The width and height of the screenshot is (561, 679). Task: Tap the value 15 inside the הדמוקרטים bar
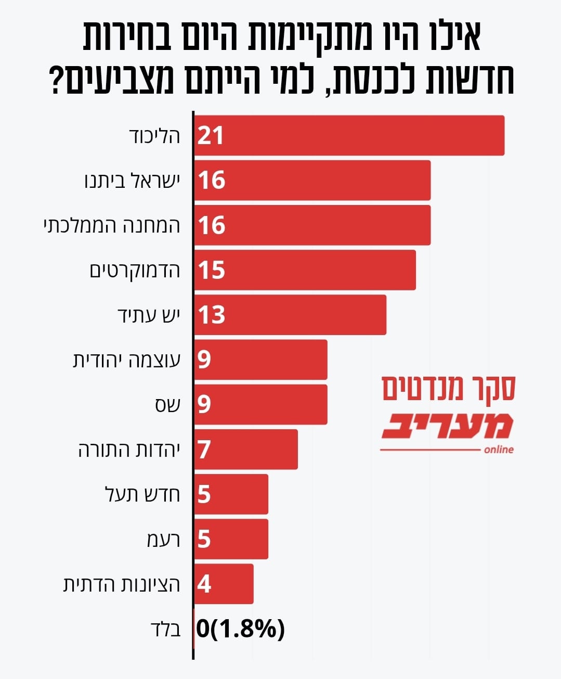point(212,270)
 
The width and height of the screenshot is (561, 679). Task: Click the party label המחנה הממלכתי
point(112,225)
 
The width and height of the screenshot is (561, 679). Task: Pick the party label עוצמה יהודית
point(126,360)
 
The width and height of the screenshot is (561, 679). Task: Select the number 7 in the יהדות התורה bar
point(204,450)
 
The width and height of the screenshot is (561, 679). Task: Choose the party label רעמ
point(163,540)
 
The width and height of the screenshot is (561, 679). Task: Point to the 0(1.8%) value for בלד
point(241,629)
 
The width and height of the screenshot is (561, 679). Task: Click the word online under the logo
point(498,450)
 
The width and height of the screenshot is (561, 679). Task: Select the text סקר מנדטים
point(448,388)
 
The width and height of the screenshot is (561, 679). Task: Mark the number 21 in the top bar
point(211,135)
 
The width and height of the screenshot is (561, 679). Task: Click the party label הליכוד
point(154,135)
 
